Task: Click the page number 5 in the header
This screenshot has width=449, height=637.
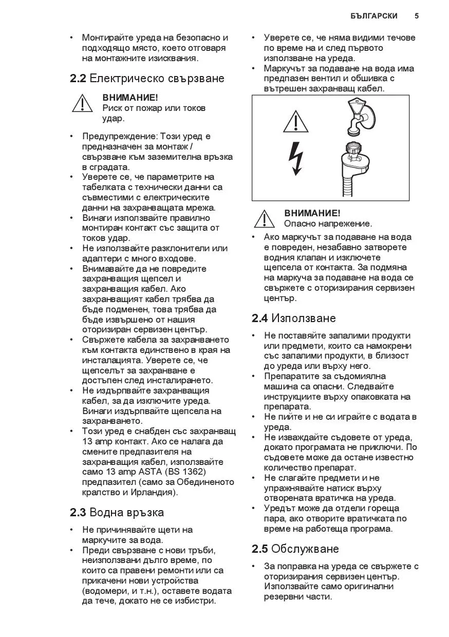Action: (417, 16)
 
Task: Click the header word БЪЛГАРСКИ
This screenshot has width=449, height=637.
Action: (374, 16)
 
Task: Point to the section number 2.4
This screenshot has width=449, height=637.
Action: (259, 318)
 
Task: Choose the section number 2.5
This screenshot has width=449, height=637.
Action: (259, 549)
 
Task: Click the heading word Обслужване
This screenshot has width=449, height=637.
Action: (305, 549)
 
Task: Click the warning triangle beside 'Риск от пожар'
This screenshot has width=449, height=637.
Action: (82, 103)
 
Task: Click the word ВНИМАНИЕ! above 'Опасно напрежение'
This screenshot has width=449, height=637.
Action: (312, 213)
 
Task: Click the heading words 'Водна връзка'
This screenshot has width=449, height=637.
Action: (127, 512)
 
